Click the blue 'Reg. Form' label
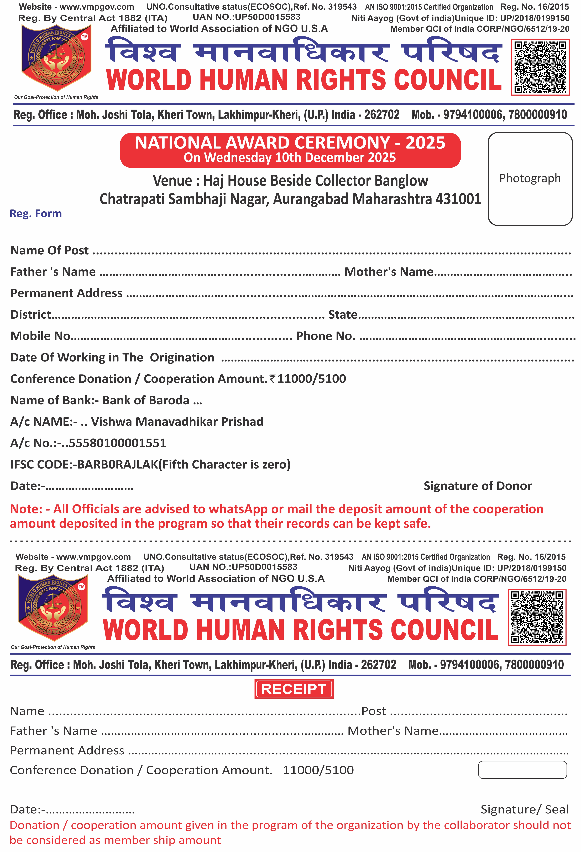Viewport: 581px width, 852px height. [x=36, y=214]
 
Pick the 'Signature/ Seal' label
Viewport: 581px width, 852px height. [x=524, y=809]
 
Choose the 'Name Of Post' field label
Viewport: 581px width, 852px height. [x=49, y=250]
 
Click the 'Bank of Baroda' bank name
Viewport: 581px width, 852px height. [x=145, y=400]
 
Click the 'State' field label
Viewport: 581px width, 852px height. [x=342, y=314]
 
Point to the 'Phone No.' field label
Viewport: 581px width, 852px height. [x=326, y=336]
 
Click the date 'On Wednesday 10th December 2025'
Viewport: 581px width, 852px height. [x=290, y=158]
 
